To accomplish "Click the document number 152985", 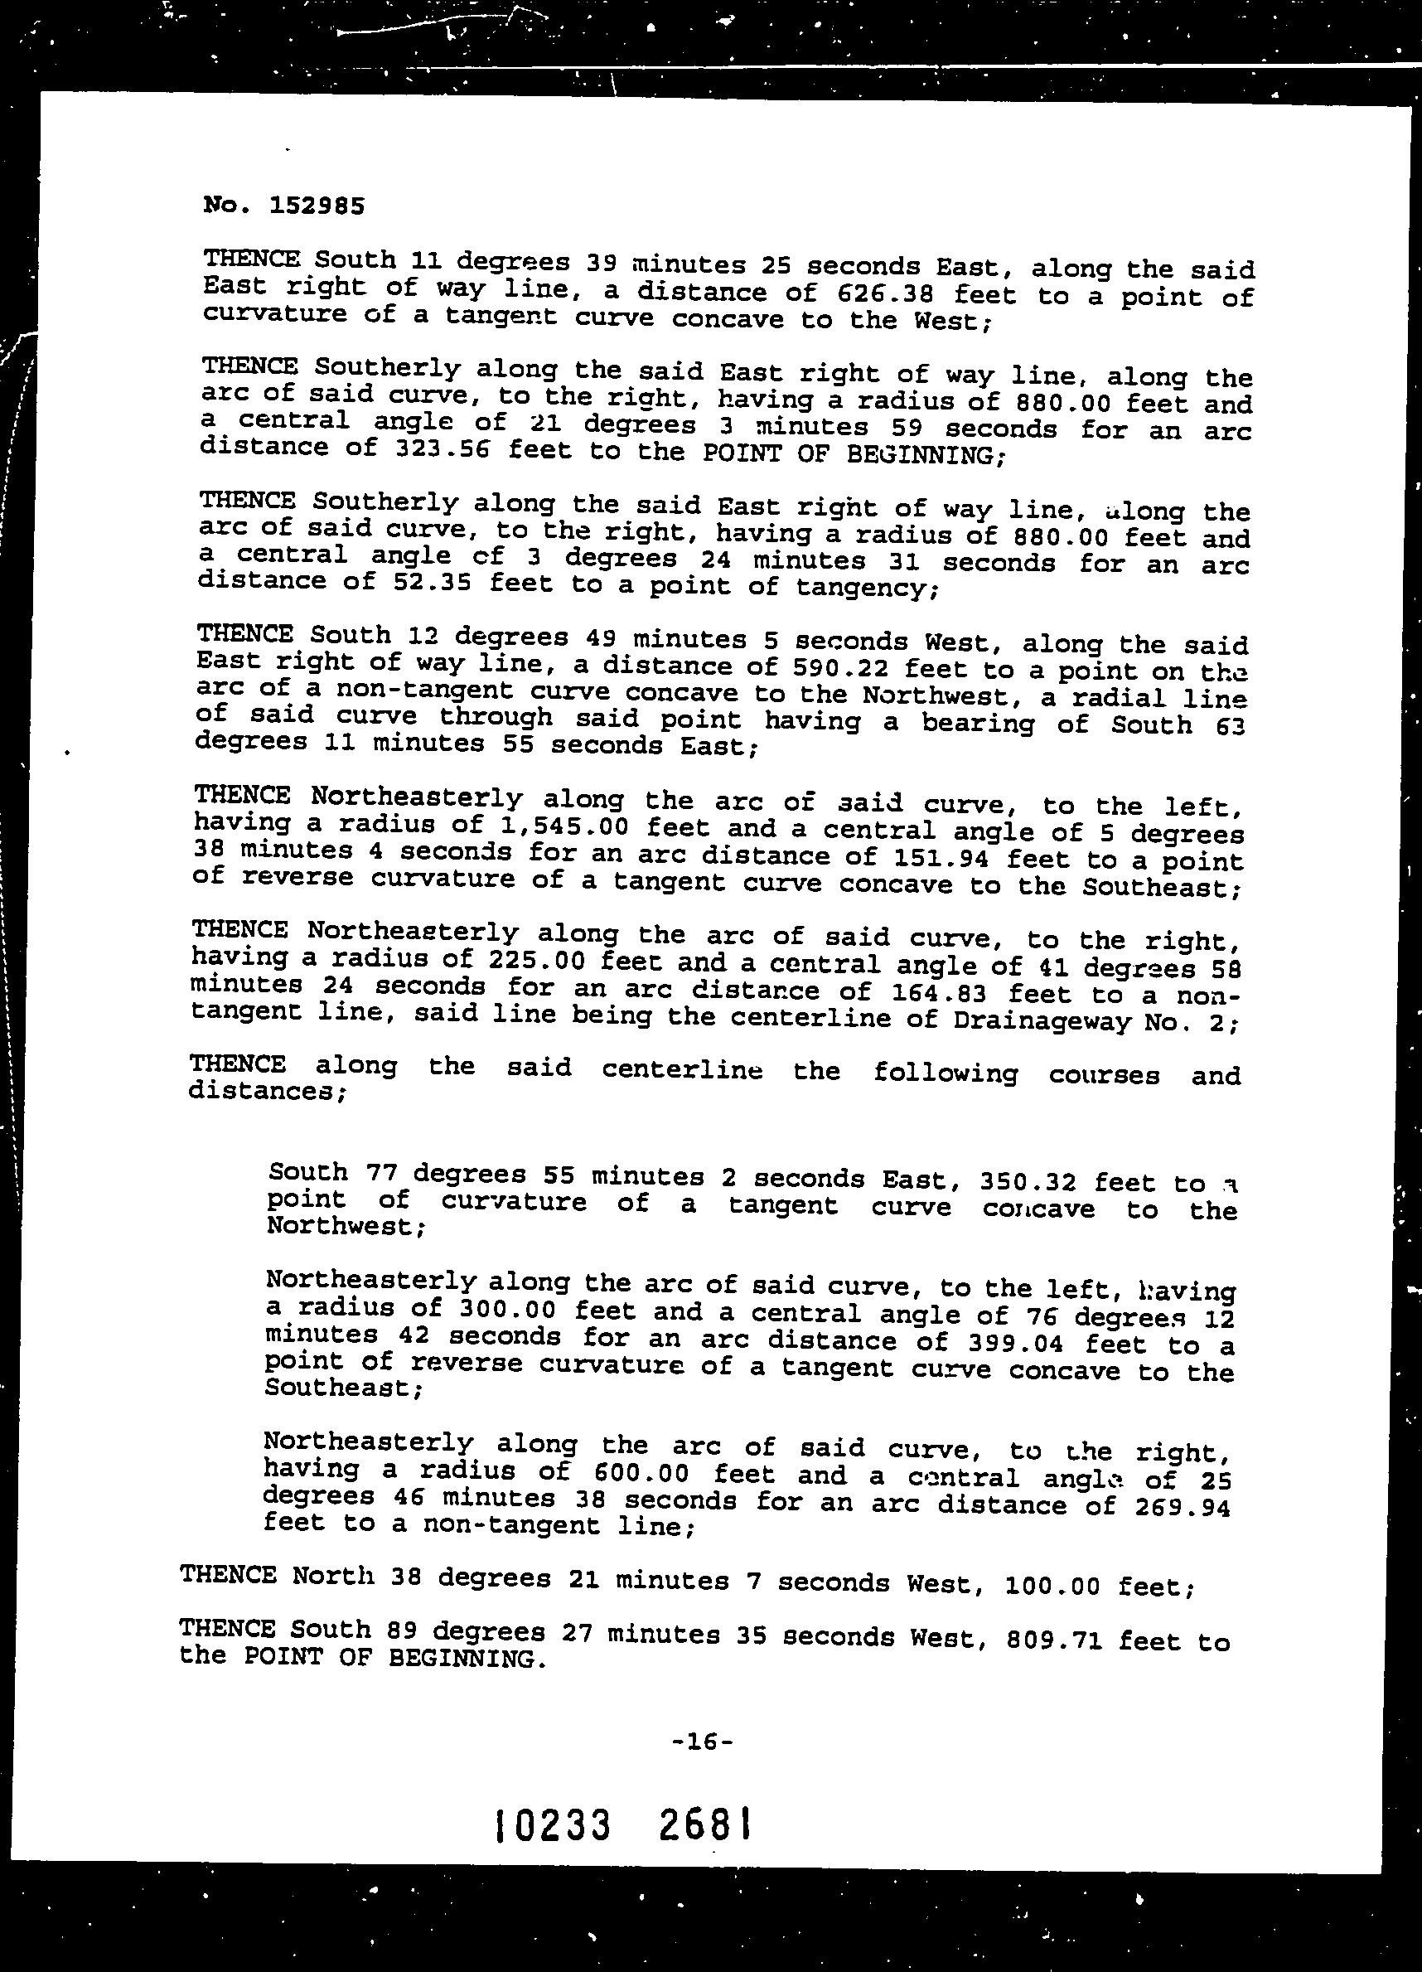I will click(317, 206).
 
